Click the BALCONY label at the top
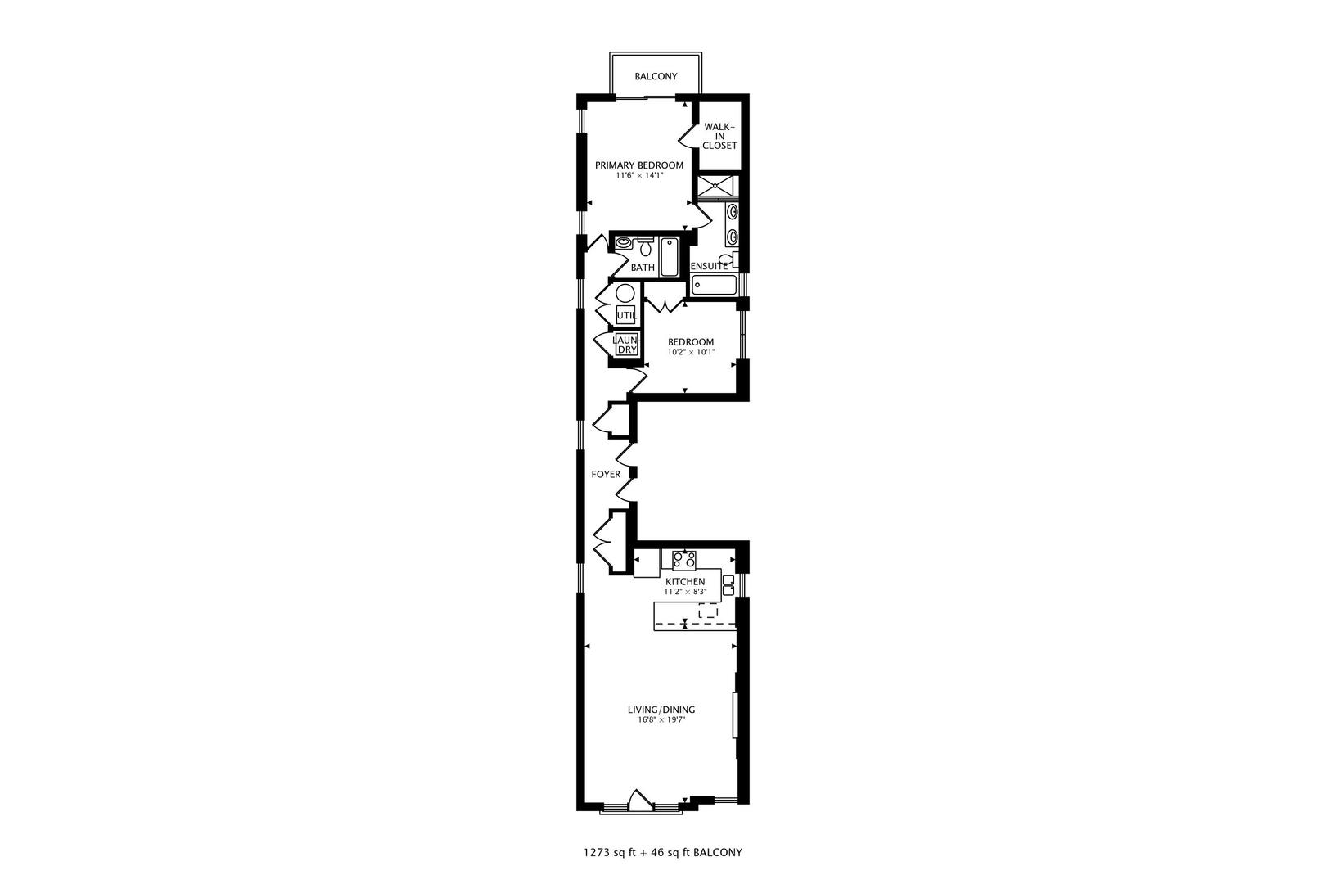pos(656,77)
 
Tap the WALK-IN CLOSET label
pos(719,136)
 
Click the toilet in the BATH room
pos(646,246)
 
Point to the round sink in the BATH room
pos(625,243)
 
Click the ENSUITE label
pos(709,267)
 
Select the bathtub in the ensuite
pos(714,285)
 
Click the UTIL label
pos(626,315)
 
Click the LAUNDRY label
pos(625,345)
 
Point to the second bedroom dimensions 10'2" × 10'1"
pos(691,353)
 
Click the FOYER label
pos(606,475)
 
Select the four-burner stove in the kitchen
pos(684,560)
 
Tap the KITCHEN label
pos(684,581)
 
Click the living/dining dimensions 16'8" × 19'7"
pos(661,721)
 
